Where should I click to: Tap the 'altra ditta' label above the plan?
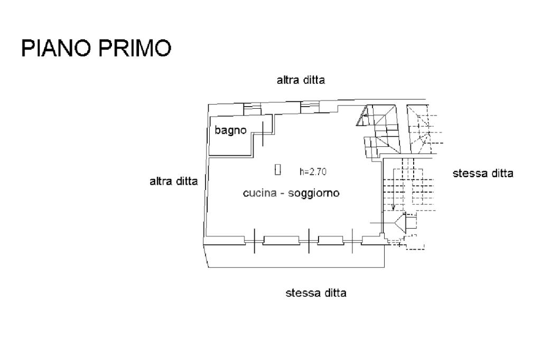(x=301, y=80)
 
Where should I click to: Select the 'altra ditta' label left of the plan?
(x=174, y=182)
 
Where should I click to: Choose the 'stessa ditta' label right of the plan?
(x=483, y=173)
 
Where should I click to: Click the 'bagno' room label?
(x=230, y=130)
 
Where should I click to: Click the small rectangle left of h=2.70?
(x=277, y=169)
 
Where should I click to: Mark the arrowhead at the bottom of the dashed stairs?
(x=392, y=207)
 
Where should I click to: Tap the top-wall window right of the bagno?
(x=307, y=107)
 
